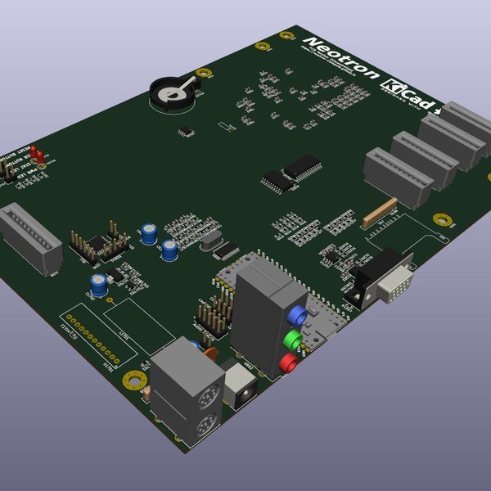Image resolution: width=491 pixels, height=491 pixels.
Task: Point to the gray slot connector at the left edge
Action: pyautogui.click(x=29, y=237)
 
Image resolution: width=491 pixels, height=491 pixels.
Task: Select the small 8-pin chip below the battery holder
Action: pyautogui.click(x=187, y=129)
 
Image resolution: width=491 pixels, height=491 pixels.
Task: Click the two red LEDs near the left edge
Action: pyautogui.click(x=38, y=155)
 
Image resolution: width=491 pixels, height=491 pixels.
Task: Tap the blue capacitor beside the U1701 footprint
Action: pyautogui.click(x=99, y=284)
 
